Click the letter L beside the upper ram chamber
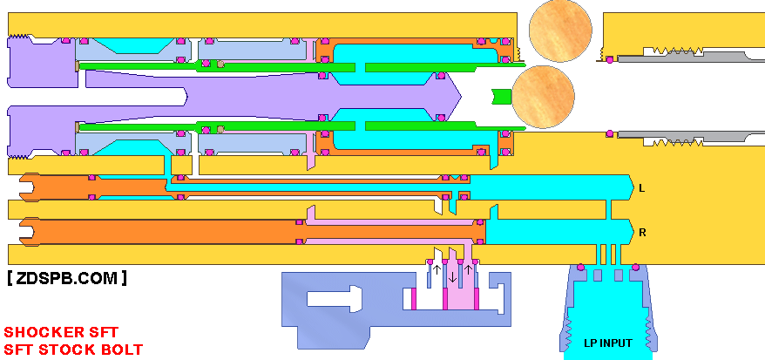point(641,187)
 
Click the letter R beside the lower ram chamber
point(642,233)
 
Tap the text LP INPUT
point(608,343)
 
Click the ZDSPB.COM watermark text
point(67,278)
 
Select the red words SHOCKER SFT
point(61,333)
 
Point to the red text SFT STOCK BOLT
point(73,350)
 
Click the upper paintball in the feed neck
point(560,31)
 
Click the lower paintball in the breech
point(543,97)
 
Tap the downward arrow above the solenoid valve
point(453,276)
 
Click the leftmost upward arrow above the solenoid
point(437,269)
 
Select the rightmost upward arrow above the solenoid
point(468,269)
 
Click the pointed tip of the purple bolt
point(461,97)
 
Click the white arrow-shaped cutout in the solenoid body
point(335,297)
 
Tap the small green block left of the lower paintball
point(502,97)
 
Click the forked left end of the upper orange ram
point(27,187)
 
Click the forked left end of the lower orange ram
point(27,232)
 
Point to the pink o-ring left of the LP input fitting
point(580,268)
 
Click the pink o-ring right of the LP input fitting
point(636,268)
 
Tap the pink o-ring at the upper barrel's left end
point(609,60)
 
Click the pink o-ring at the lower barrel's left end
point(609,133)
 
